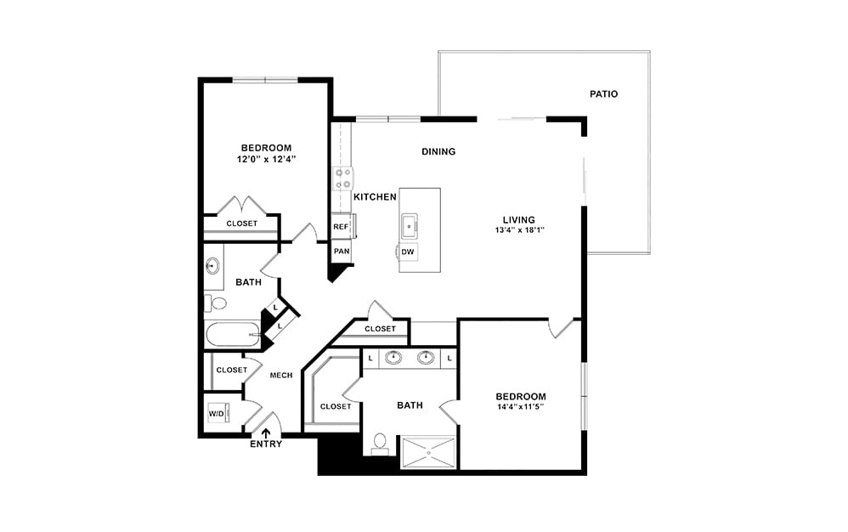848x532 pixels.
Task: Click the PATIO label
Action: pyautogui.click(x=603, y=94)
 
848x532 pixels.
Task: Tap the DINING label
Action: pyautogui.click(x=438, y=152)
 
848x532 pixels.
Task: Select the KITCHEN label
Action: pyautogui.click(x=375, y=197)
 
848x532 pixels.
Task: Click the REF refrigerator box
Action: pyautogui.click(x=341, y=227)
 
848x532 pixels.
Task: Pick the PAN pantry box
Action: pyautogui.click(x=341, y=252)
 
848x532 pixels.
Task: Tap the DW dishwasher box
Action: pyautogui.click(x=408, y=252)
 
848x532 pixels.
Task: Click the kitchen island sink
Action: pyautogui.click(x=409, y=225)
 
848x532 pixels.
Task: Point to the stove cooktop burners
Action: pyautogui.click(x=343, y=178)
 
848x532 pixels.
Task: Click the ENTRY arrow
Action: pyautogui.click(x=266, y=432)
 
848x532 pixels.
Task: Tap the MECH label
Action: pyautogui.click(x=281, y=376)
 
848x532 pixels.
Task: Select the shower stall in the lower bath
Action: pyautogui.click(x=429, y=452)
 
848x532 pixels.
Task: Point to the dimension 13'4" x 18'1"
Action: pyautogui.click(x=520, y=230)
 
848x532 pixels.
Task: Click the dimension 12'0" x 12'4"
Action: pyautogui.click(x=266, y=159)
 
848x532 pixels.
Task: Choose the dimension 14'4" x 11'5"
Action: pyautogui.click(x=521, y=407)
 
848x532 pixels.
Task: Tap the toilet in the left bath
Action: pyautogui.click(x=218, y=303)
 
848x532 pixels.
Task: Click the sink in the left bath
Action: pyautogui.click(x=213, y=265)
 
